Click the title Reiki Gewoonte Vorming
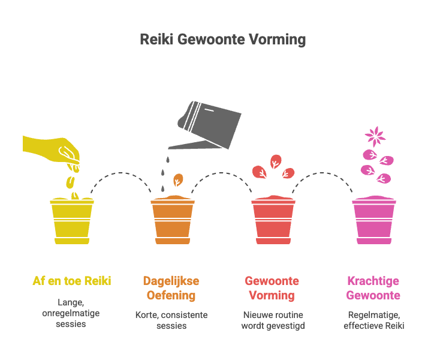222,40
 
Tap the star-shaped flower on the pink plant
376,136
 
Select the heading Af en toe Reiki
72,281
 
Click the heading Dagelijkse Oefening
171,288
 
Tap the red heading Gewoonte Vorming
272,288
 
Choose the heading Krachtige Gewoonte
373,288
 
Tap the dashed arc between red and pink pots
324,174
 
